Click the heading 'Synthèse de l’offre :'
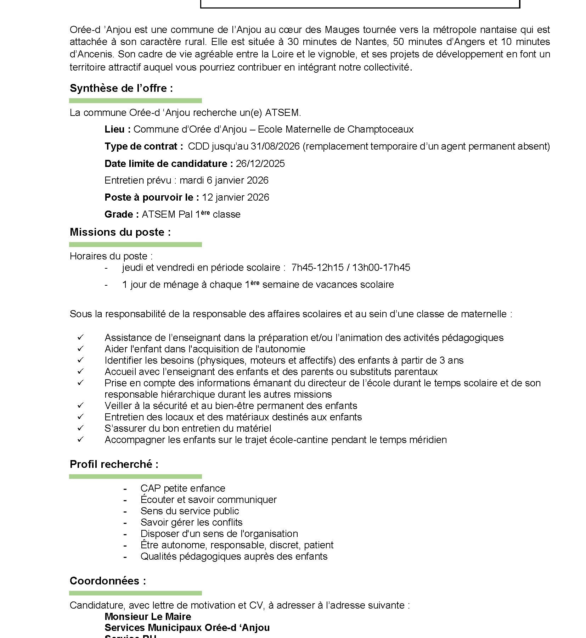pyautogui.click(x=121, y=88)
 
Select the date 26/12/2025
pyautogui.click(x=260, y=163)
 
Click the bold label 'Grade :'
pyautogui.click(x=122, y=214)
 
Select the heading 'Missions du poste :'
pyautogui.click(x=120, y=232)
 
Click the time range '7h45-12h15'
pyautogui.click(x=317, y=267)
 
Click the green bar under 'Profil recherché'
pyautogui.click(x=135, y=477)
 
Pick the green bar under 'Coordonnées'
pyautogui.click(x=135, y=593)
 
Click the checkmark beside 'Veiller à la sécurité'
pyautogui.click(x=80, y=405)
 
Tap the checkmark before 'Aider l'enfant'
pyautogui.click(x=80, y=348)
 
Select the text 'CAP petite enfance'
pyautogui.click(x=183, y=488)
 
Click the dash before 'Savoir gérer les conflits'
pyautogui.click(x=125, y=523)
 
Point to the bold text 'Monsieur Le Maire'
pyautogui.click(x=148, y=616)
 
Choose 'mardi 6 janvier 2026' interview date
pyautogui.click(x=224, y=180)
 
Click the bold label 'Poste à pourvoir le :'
pyautogui.click(x=152, y=197)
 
